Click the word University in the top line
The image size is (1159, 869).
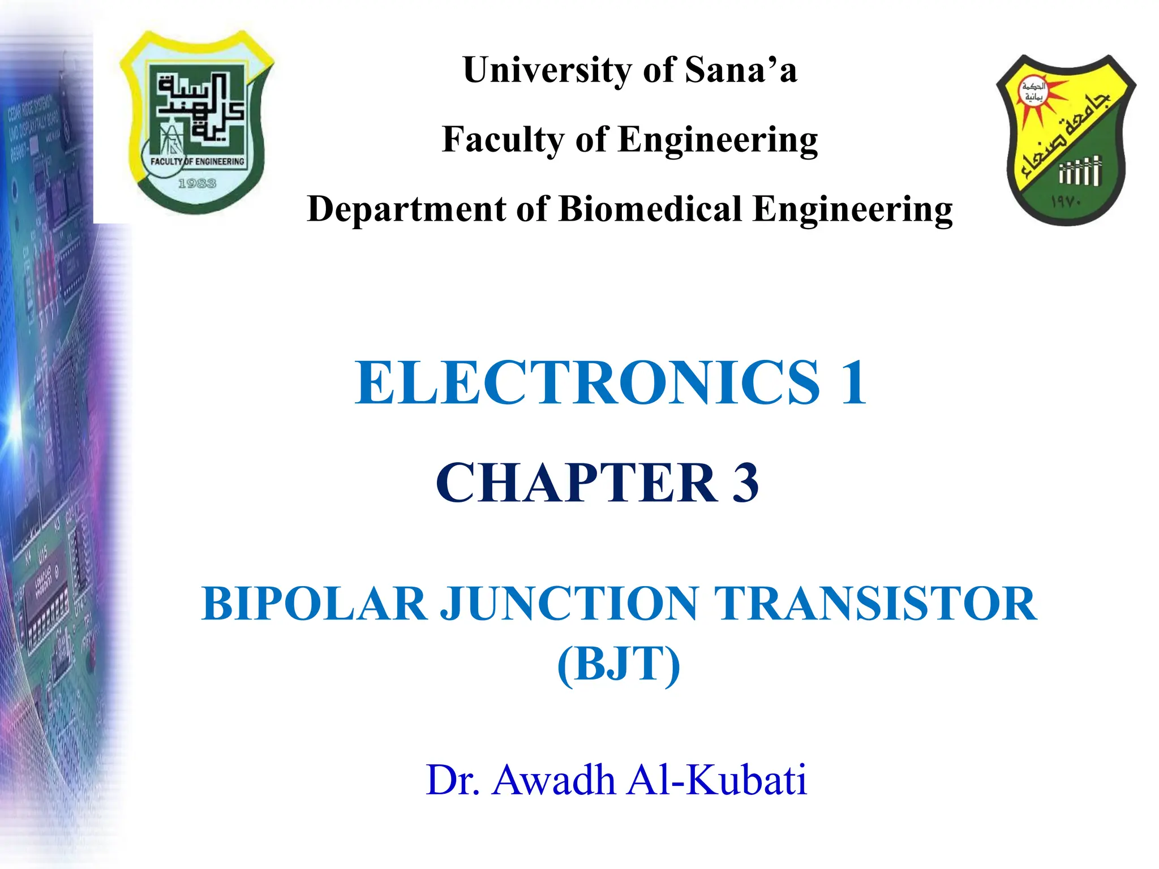547,70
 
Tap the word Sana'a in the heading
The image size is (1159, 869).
741,70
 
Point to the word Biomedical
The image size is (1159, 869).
650,209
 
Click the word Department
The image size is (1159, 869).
406,209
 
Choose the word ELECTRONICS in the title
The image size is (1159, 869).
587,383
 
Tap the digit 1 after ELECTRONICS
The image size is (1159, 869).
853,383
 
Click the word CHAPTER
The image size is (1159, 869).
577,483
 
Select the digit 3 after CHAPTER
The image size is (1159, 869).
745,483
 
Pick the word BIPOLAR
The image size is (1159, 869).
314,604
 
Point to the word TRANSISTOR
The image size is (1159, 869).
875,604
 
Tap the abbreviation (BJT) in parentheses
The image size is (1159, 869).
619,664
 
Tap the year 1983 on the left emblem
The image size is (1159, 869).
197,183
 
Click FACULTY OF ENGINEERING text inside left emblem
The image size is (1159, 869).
198,162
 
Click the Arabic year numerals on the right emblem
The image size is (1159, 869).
1066,201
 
